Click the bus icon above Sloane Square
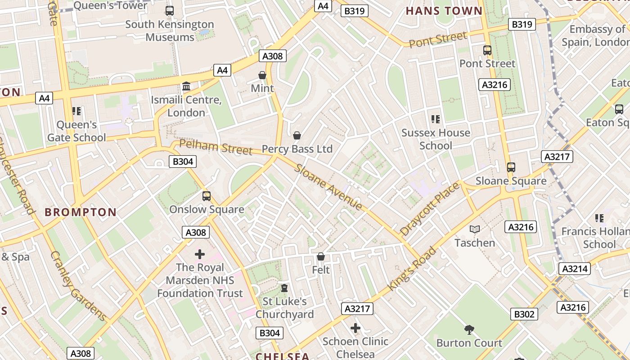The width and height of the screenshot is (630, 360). [x=511, y=167]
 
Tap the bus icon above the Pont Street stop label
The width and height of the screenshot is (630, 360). [x=487, y=50]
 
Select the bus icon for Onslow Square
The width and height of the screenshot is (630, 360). [x=206, y=196]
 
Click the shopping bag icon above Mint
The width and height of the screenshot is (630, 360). [x=262, y=75]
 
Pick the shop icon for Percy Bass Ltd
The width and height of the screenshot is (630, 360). [x=297, y=135]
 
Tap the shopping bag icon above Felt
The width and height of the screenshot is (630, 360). [x=320, y=256]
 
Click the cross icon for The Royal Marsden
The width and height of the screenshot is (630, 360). [x=199, y=254]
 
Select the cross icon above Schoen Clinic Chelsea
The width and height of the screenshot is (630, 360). [x=355, y=328]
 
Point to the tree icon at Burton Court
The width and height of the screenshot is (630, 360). [x=469, y=330]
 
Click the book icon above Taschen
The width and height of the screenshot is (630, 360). [x=474, y=229]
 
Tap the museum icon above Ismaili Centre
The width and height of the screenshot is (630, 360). [x=186, y=86]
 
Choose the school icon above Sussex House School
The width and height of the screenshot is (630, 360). [x=435, y=119]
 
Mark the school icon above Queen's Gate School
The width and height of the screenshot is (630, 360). [x=76, y=111]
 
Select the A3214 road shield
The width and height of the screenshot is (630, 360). [x=575, y=269]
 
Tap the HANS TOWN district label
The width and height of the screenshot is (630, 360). [x=444, y=11]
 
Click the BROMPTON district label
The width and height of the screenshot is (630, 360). [x=81, y=212]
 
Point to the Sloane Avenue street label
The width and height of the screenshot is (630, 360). [x=328, y=187]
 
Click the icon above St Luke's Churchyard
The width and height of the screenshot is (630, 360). [x=284, y=288]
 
